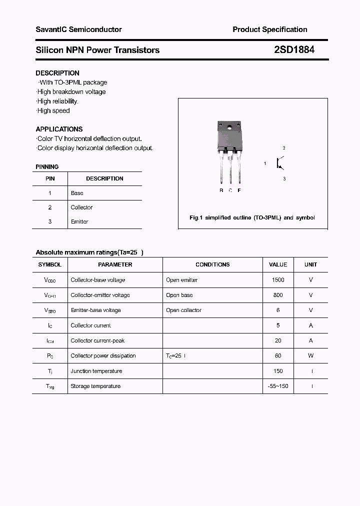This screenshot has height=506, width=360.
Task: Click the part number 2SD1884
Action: click(x=294, y=50)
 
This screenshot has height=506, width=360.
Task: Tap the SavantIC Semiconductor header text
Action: click(x=78, y=29)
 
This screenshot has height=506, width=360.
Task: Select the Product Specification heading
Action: click(x=269, y=29)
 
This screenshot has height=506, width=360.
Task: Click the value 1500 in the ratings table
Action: click(x=278, y=280)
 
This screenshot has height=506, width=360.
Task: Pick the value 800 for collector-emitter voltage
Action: click(x=278, y=295)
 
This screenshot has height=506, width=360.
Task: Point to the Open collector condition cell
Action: click(x=183, y=310)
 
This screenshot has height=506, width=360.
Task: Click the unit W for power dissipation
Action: click(x=310, y=355)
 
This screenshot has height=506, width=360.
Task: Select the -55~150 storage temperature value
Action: click(x=278, y=386)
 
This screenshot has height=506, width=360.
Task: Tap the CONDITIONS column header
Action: click(x=212, y=264)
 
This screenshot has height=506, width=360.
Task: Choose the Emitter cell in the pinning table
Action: click(x=79, y=221)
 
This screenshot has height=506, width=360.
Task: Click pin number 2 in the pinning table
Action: click(x=49, y=207)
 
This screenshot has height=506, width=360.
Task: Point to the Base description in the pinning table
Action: click(x=77, y=193)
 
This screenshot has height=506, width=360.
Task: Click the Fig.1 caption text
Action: click(x=252, y=218)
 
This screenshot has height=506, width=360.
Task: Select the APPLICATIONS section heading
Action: click(x=59, y=129)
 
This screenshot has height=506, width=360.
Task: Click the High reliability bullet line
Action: click(x=57, y=101)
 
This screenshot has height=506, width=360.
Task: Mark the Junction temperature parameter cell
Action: click(x=96, y=371)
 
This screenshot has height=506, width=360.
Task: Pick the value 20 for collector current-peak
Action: click(x=278, y=340)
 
